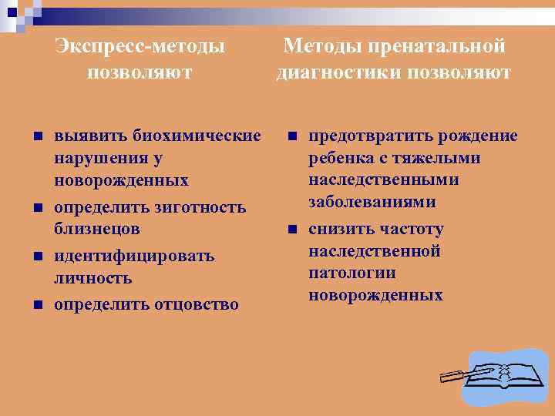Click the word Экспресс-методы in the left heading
pos(140,47)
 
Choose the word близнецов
pos(97,230)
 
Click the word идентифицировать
pos(134,256)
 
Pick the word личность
pos(93,278)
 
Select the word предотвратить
pos(371,136)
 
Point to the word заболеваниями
pos(372,203)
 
